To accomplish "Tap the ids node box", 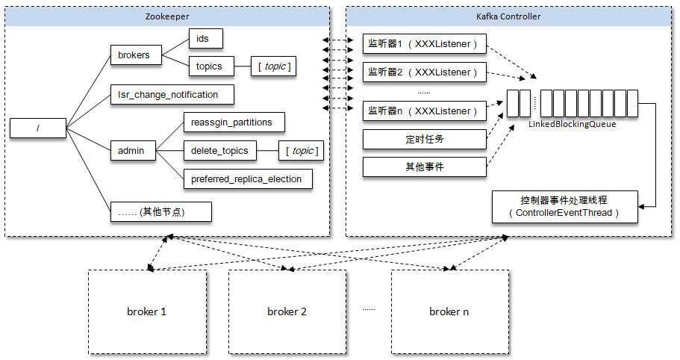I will [205, 38].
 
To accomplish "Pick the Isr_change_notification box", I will [171, 94].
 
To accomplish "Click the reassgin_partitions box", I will [233, 122].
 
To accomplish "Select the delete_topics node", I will [219, 151].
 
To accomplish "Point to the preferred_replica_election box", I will [247, 179].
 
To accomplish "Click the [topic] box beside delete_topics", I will [301, 151].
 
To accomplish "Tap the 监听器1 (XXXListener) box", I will [424, 44].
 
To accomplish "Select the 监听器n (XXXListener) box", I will [424, 111].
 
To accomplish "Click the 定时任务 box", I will [424, 139].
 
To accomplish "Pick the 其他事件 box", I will [424, 167].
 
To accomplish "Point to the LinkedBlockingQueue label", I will [573, 124].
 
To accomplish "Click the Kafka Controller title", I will [508, 16].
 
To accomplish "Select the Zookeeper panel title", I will [167, 16].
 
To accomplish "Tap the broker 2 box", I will [287, 311].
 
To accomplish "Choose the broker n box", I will [449, 311].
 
